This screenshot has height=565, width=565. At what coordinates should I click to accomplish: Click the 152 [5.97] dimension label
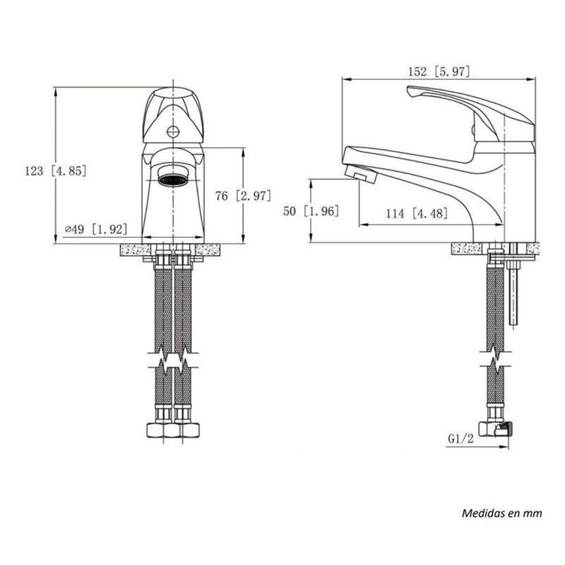(439, 71)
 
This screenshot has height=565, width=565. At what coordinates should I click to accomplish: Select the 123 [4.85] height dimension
(56, 170)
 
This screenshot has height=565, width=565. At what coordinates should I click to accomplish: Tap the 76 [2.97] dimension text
(243, 196)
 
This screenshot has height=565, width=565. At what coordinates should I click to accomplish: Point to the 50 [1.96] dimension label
(311, 210)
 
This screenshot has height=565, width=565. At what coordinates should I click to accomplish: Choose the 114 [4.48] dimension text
(417, 213)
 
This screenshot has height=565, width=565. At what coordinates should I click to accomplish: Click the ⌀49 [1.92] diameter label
(96, 229)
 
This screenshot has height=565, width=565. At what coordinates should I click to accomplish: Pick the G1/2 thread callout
(460, 439)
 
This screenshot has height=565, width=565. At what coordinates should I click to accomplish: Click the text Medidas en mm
(502, 513)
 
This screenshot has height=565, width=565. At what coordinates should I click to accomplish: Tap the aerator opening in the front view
(173, 179)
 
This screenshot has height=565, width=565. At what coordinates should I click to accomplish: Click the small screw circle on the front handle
(173, 131)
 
